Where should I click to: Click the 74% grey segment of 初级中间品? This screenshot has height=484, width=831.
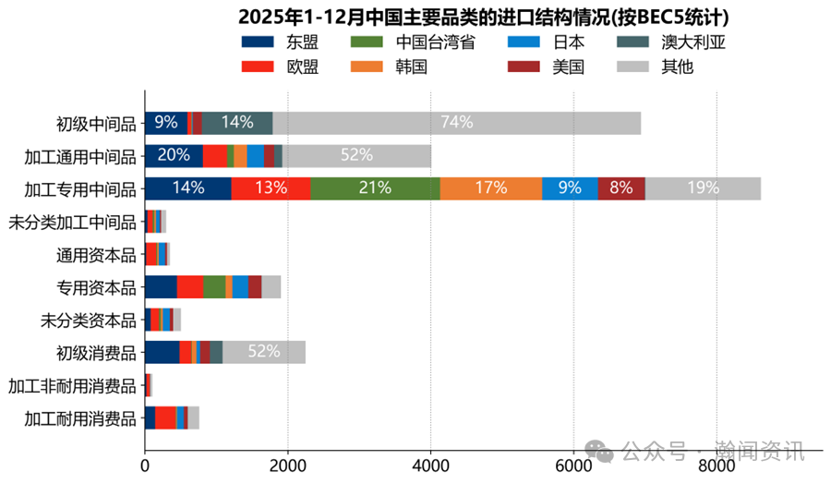click(x=456, y=123)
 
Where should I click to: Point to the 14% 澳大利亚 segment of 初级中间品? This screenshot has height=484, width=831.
click(x=237, y=123)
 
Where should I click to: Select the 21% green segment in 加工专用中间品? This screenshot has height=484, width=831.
click(x=375, y=188)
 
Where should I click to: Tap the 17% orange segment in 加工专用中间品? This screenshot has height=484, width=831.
click(x=490, y=188)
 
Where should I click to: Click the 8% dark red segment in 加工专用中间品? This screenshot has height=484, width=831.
click(x=620, y=188)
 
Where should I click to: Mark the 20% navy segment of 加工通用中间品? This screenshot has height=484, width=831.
click(x=174, y=156)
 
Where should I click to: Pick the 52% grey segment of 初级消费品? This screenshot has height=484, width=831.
click(x=264, y=352)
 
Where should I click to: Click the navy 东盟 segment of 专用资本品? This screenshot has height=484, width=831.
click(x=161, y=286)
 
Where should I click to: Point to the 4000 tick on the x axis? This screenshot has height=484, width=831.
click(x=430, y=467)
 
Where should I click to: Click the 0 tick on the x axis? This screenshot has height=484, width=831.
click(x=145, y=467)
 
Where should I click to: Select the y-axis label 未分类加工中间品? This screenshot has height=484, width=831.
click(x=72, y=222)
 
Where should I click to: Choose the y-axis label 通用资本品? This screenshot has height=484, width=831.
click(x=96, y=254)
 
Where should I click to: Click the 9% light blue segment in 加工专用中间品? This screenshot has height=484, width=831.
click(x=570, y=188)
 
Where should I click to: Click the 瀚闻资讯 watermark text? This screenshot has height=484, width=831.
click(x=766, y=452)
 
